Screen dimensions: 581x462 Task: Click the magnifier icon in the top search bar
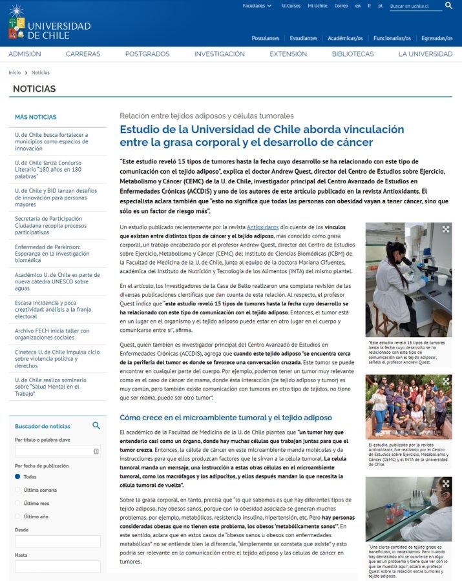(x=449, y=6)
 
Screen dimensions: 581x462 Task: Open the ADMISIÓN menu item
(x=25, y=54)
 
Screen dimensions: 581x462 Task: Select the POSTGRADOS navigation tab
(x=147, y=54)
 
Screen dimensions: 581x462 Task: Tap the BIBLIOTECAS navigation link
(x=353, y=54)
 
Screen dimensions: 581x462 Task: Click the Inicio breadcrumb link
(x=14, y=72)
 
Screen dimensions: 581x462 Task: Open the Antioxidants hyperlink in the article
(x=263, y=227)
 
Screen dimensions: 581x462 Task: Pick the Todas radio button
(x=18, y=476)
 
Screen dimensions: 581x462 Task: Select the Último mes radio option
(x=18, y=503)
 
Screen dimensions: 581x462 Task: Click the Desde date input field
(x=58, y=541)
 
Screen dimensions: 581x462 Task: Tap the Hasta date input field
(x=58, y=566)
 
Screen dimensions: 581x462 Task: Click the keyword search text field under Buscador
(x=58, y=451)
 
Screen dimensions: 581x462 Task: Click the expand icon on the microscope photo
(x=445, y=229)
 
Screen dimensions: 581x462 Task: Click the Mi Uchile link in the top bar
(x=317, y=6)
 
